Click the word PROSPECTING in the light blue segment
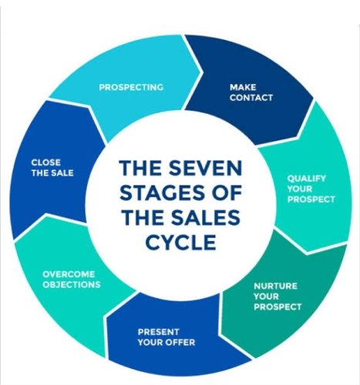click(131, 87)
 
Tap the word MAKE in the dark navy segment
click(243, 87)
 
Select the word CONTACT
click(251, 98)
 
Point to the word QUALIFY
click(306, 179)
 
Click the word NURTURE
click(275, 286)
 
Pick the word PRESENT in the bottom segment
click(158, 332)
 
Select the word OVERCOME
click(69, 274)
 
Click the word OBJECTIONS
click(72, 285)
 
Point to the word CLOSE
click(46, 162)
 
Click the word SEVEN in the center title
click(205, 168)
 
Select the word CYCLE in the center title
click(180, 242)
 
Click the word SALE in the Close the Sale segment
click(63, 173)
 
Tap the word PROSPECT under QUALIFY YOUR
click(311, 199)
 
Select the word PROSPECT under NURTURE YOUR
click(278, 307)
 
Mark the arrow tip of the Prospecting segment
click(200, 72)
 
